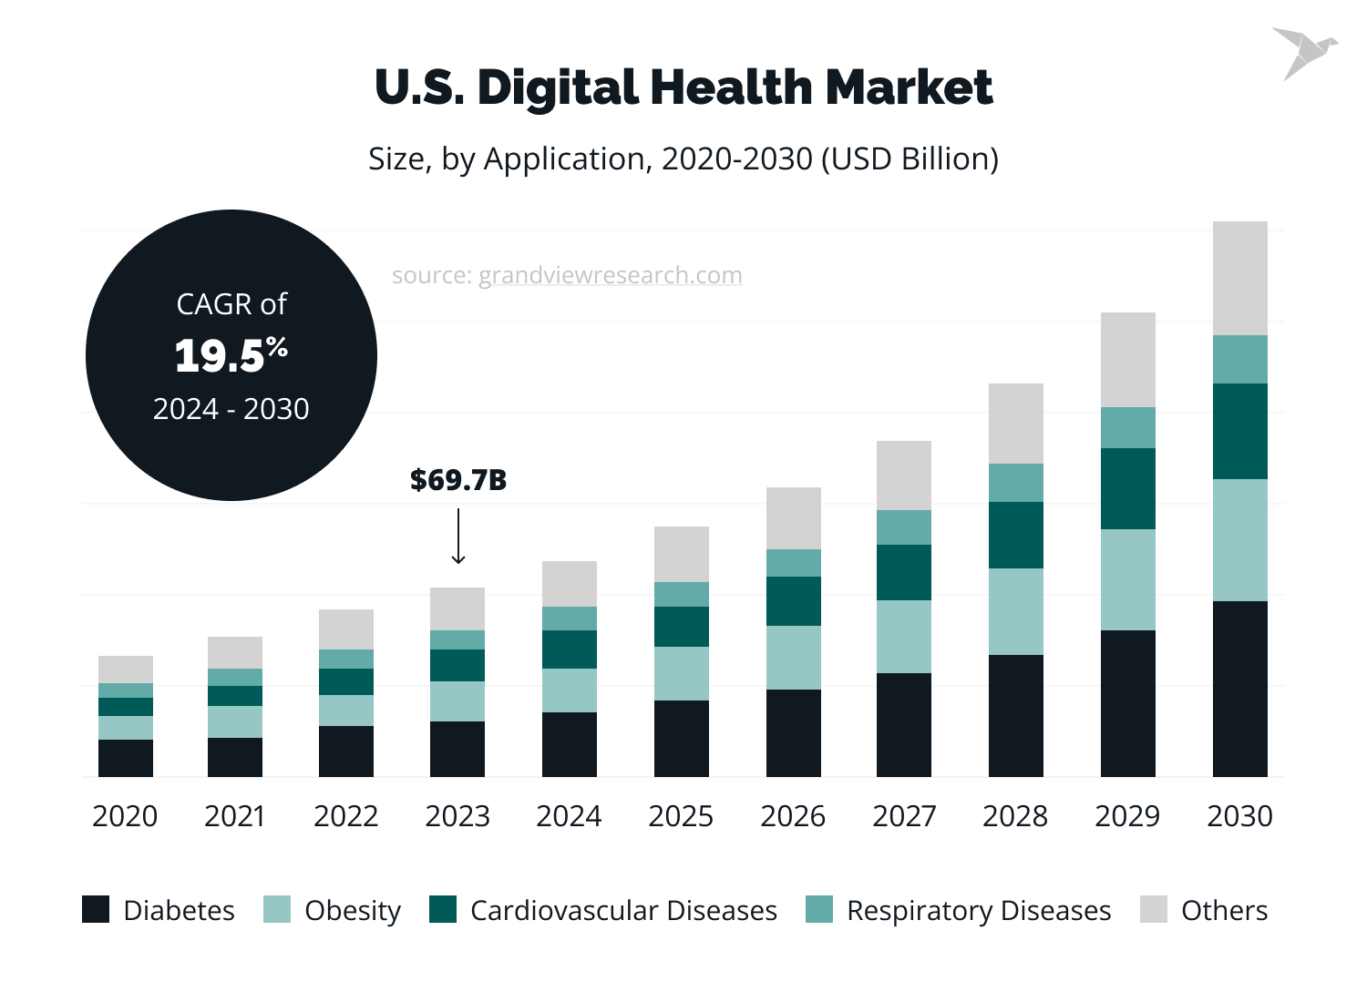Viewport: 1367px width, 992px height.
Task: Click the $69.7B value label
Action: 457,480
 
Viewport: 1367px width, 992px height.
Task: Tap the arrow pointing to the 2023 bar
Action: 458,537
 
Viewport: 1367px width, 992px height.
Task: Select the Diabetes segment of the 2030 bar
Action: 1239,689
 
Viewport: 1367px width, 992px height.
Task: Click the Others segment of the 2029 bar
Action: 1127,360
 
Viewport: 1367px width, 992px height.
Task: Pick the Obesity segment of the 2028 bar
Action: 1015,611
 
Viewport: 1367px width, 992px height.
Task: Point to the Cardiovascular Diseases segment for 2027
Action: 903,572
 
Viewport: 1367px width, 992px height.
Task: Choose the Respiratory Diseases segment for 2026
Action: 793,563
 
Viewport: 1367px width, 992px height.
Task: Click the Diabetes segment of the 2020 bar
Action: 125,758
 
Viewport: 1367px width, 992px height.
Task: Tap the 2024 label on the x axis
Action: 569,816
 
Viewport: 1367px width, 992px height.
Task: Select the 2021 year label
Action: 234,816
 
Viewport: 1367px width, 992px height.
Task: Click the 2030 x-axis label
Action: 1239,816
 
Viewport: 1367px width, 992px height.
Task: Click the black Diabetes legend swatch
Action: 96,909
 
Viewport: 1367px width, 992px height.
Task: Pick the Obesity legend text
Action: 353,911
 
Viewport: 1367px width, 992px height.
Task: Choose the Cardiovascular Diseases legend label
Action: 623,911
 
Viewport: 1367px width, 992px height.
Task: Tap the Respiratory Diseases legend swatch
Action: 819,909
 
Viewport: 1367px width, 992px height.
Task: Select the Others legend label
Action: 1224,911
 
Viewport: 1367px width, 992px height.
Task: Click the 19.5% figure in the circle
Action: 231,355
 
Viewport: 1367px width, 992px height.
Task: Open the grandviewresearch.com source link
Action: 610,275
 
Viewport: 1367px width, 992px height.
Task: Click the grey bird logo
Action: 1303,53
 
